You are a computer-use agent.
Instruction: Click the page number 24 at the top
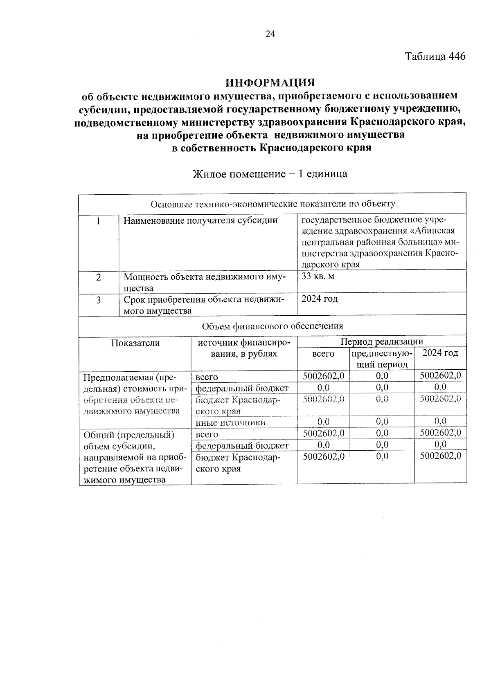[x=270, y=34]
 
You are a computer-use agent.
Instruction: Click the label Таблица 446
[x=435, y=56]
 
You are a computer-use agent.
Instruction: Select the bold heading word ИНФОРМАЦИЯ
[x=270, y=83]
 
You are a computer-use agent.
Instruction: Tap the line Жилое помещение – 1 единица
[x=270, y=174]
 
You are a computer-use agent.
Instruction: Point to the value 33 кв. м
[x=318, y=276]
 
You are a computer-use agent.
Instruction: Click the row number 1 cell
[x=99, y=221]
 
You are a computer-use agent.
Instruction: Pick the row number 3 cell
[x=99, y=300]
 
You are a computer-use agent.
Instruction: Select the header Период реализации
[x=381, y=341]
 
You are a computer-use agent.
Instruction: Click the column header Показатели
[x=135, y=343]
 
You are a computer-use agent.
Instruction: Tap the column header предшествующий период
[x=382, y=358]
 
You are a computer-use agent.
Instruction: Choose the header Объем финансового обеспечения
[x=272, y=326]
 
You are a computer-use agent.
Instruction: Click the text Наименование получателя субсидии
[x=200, y=221]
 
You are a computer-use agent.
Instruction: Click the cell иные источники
[x=230, y=422]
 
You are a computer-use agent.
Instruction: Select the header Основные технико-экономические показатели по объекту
[x=273, y=204]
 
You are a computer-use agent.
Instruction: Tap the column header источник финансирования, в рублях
[x=244, y=348]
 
